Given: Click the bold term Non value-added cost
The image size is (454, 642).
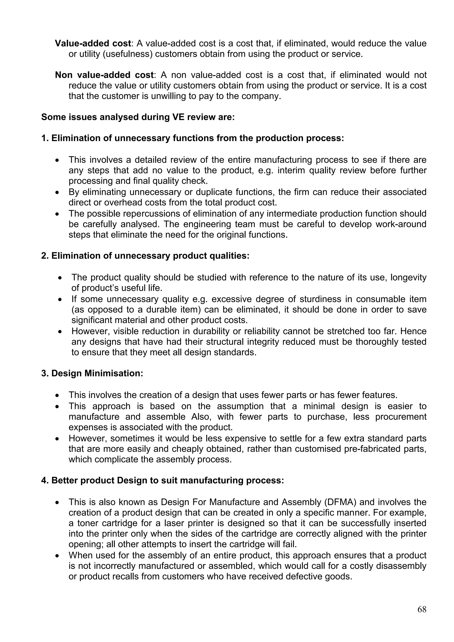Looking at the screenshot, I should pyautogui.click(x=104, y=75).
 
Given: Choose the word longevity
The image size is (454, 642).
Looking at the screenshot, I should pyautogui.click(x=408, y=277).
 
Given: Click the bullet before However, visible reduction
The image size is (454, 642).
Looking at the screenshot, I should pyautogui.click(x=60, y=332).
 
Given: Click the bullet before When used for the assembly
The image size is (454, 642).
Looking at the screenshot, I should pyautogui.click(x=57, y=556).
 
